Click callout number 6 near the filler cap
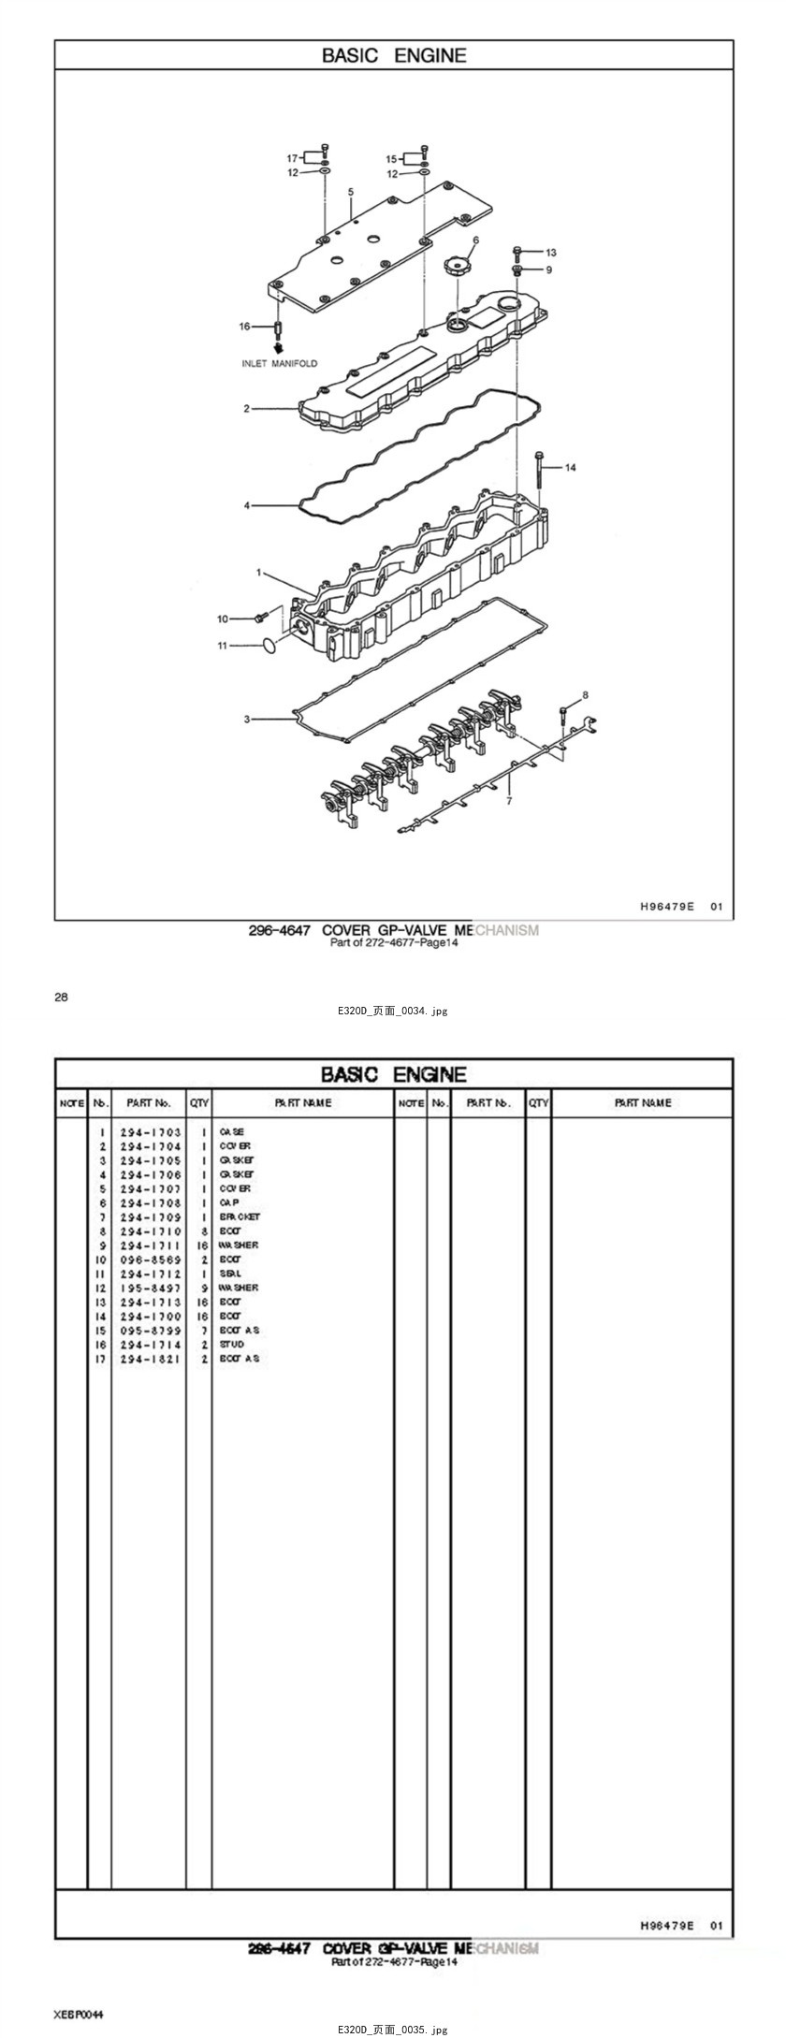(x=475, y=240)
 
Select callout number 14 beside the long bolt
(x=571, y=467)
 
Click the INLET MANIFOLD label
(x=280, y=363)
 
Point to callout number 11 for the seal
(x=223, y=646)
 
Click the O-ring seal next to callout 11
(x=268, y=645)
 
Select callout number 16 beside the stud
(x=245, y=327)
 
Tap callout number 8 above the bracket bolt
(x=586, y=695)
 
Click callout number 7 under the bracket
(x=509, y=801)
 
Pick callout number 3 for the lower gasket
(x=247, y=720)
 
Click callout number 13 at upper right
(x=551, y=253)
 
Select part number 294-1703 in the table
(x=151, y=1132)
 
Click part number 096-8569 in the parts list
(x=151, y=1259)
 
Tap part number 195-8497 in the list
(x=151, y=1288)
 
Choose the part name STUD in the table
(x=232, y=1344)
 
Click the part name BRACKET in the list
(x=240, y=1216)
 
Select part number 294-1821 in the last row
(x=151, y=1359)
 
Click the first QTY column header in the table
(x=199, y=1103)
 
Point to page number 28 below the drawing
(x=61, y=997)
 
